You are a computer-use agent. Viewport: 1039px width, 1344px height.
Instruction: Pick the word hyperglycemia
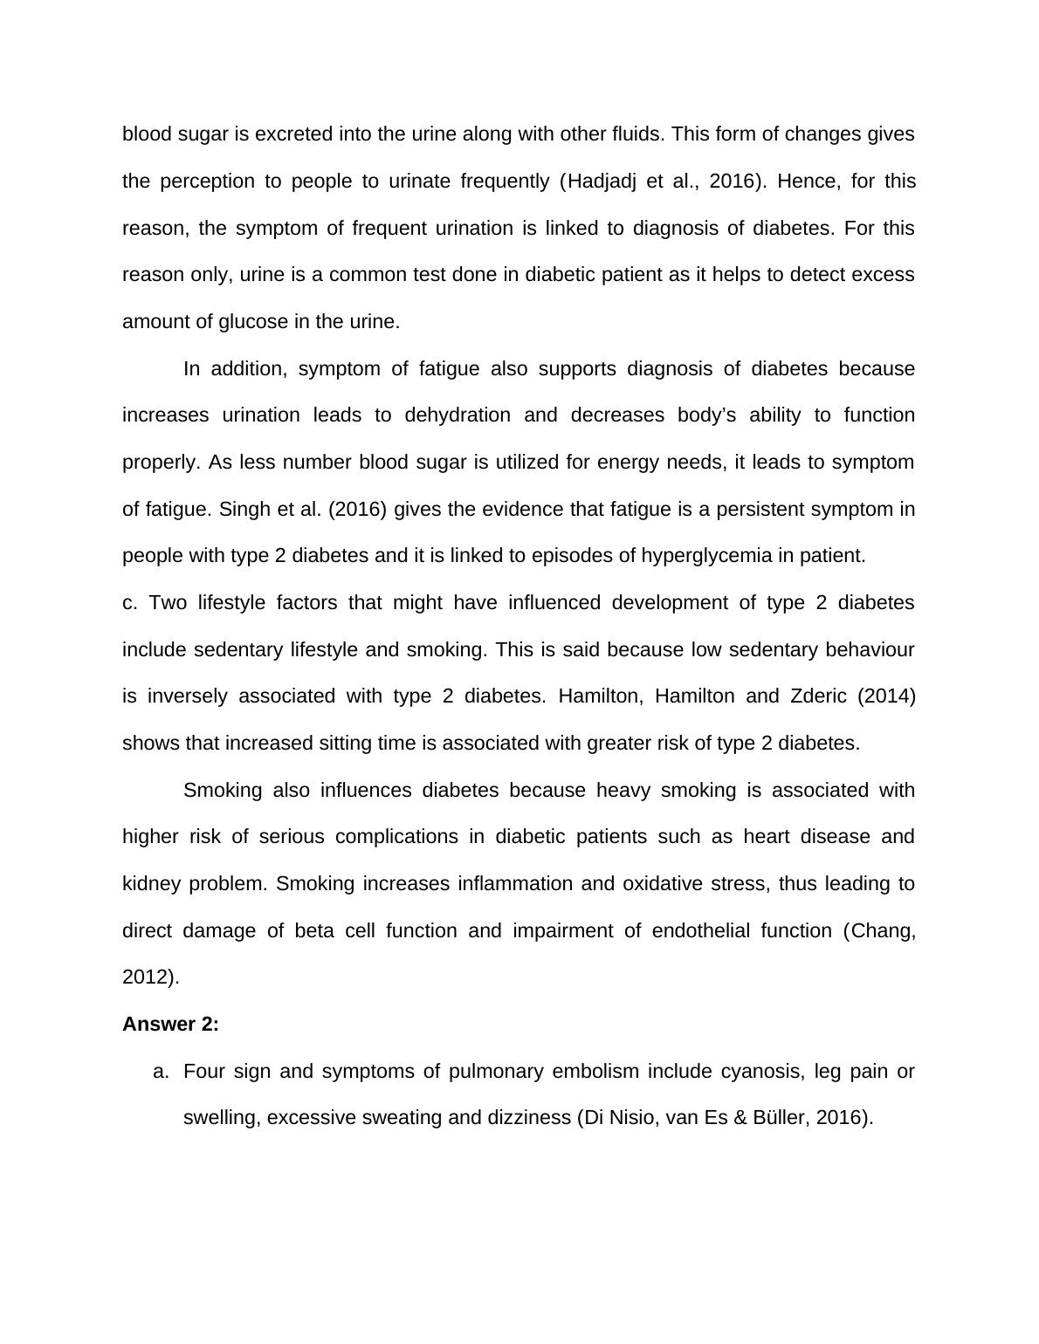[x=717, y=556]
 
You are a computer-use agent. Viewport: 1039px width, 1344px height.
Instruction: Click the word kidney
[x=151, y=884]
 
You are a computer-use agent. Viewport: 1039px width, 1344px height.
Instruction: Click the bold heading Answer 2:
[x=170, y=1025]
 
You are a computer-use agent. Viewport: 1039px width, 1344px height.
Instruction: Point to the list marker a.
[x=160, y=1072]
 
